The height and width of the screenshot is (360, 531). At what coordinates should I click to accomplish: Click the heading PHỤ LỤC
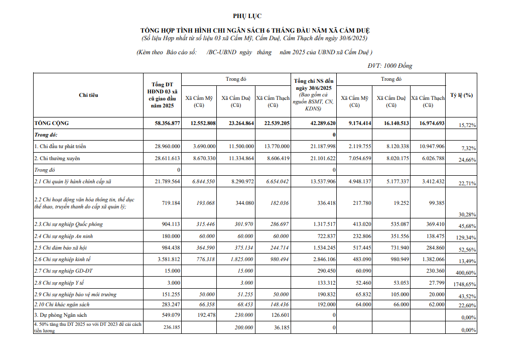click(247, 17)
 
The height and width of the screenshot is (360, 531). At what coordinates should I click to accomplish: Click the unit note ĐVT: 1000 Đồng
click(390, 66)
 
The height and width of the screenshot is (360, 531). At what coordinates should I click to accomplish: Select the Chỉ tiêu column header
click(88, 95)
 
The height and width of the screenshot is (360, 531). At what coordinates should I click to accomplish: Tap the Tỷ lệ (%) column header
click(461, 95)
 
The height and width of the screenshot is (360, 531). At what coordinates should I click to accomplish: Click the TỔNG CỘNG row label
click(52, 123)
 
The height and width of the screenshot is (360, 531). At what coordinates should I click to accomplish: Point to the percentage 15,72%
click(467, 125)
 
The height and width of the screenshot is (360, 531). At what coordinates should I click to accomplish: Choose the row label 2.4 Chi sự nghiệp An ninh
click(63, 236)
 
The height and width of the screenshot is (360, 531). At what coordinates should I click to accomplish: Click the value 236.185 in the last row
click(169, 326)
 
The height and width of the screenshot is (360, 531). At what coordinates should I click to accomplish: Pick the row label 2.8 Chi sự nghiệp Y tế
click(59, 283)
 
